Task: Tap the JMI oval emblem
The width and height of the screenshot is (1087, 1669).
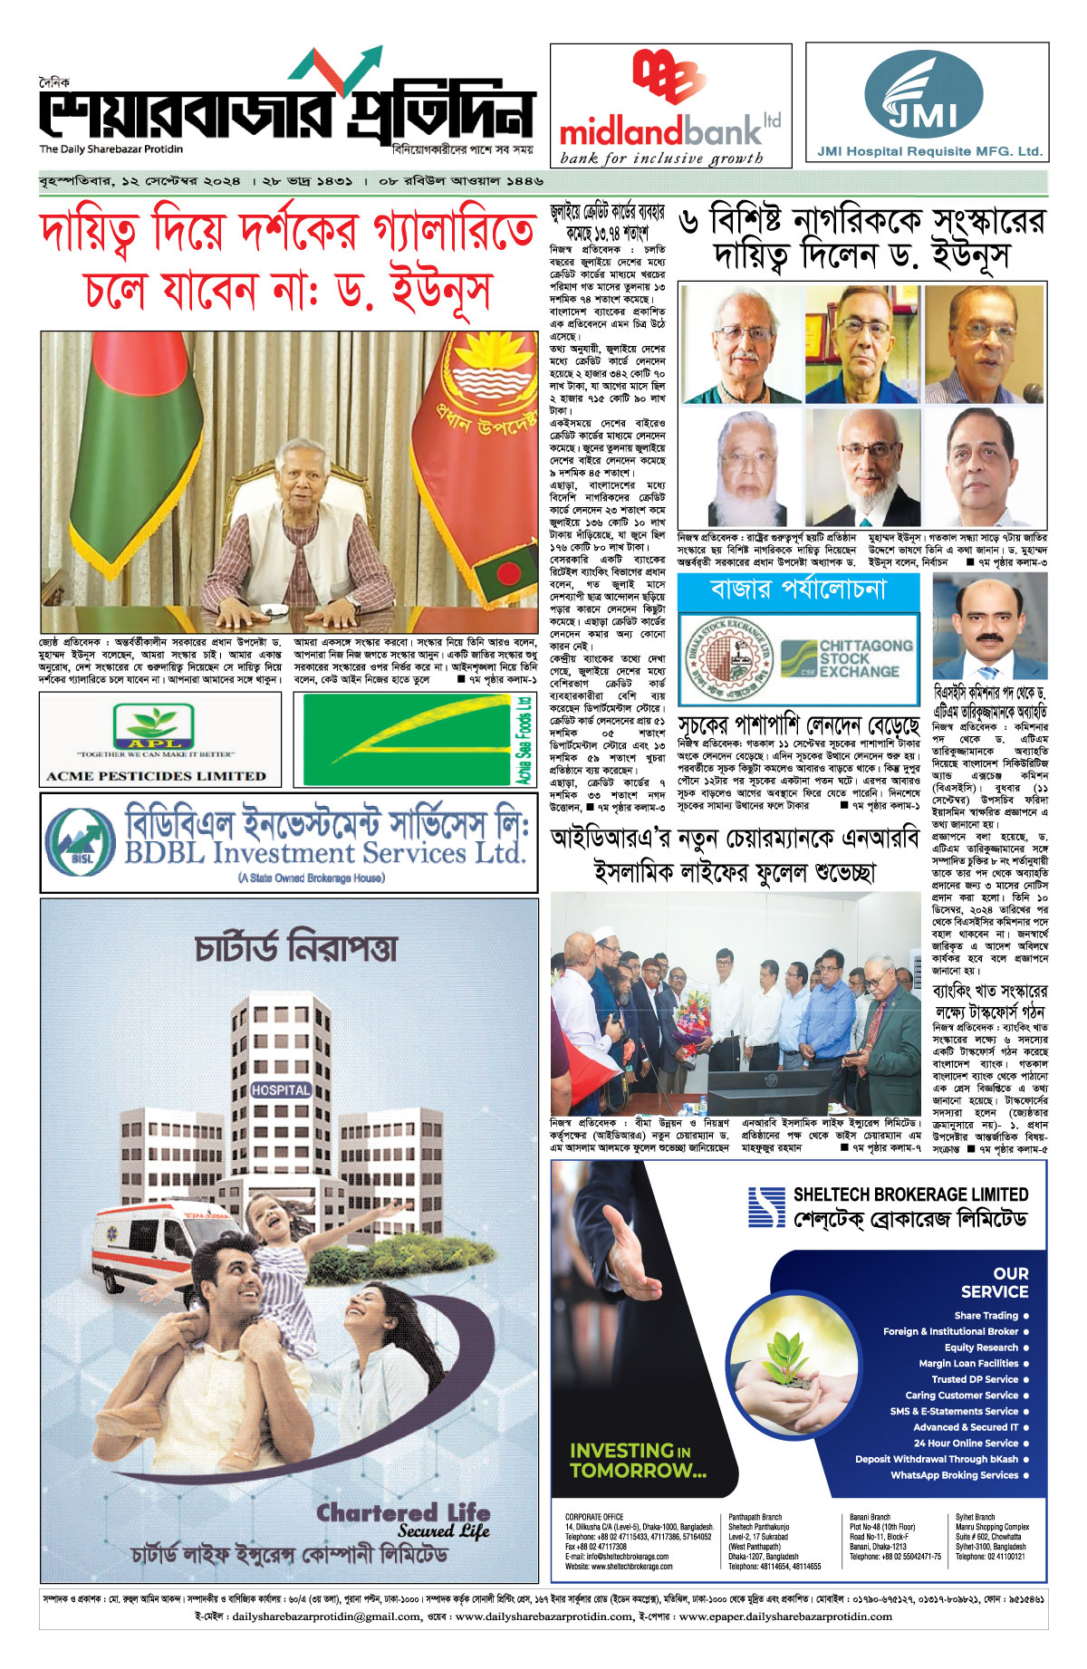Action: click(923, 95)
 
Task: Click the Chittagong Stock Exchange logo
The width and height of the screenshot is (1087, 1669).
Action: click(846, 658)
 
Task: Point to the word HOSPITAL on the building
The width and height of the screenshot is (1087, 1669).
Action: click(281, 1090)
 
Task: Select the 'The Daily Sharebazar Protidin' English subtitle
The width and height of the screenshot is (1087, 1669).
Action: click(111, 149)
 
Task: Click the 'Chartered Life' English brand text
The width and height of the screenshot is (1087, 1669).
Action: click(403, 1513)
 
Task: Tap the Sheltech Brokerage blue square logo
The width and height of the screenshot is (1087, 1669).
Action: click(766, 1206)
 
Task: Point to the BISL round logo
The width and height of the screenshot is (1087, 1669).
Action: click(81, 840)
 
